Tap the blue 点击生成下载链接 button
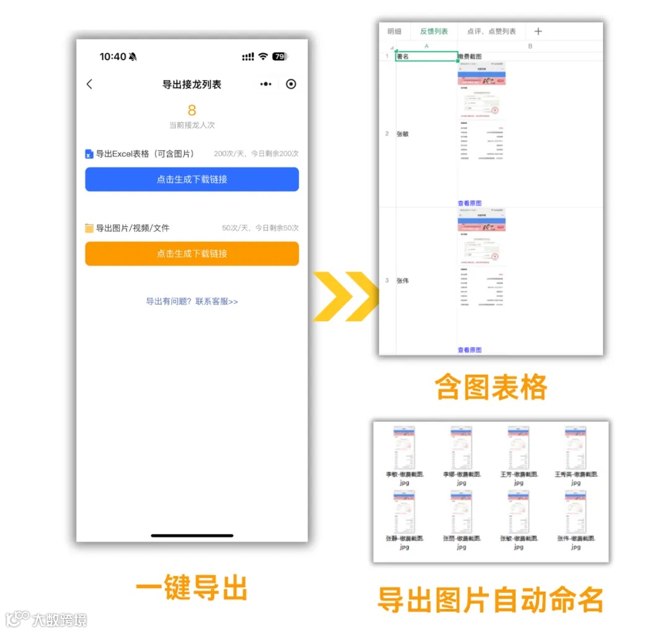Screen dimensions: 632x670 (192, 179)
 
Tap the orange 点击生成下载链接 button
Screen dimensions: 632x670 (192, 254)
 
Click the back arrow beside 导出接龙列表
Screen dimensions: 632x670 (89, 84)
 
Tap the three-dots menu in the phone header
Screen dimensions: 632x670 (266, 84)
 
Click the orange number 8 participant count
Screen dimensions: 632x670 (192, 110)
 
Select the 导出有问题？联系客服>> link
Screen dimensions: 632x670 (192, 301)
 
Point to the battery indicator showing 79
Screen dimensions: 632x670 (279, 56)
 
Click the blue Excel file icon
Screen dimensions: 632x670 (89, 154)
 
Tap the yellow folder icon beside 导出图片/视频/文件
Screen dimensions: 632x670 (89, 228)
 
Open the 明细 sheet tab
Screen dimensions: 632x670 (395, 32)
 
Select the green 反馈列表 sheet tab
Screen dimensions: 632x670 (434, 32)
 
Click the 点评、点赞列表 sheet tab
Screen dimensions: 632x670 (491, 32)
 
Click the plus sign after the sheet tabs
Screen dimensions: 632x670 (538, 32)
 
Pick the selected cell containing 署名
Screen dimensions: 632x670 (426, 56)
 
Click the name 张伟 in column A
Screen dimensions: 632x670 (403, 281)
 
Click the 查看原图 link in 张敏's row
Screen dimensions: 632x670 (470, 203)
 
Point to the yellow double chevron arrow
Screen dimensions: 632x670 (345, 296)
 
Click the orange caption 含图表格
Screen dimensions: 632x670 (491, 388)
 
